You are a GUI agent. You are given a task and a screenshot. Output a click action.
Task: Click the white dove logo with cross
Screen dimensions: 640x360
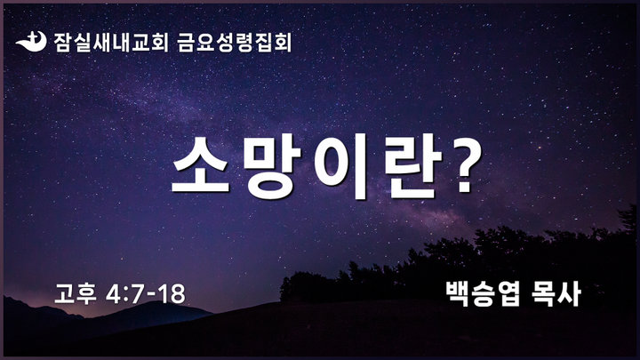click(x=31, y=41)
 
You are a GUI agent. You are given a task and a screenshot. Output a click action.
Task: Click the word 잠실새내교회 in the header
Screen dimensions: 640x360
click(x=110, y=43)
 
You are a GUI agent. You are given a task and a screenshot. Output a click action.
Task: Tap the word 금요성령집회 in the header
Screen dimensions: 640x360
click(x=235, y=43)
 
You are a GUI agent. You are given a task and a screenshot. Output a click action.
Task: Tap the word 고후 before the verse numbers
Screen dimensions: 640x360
click(x=75, y=293)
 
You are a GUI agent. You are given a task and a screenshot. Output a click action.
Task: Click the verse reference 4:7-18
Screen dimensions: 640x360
click(x=146, y=294)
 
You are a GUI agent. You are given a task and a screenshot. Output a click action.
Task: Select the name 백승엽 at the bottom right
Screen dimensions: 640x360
click(x=483, y=293)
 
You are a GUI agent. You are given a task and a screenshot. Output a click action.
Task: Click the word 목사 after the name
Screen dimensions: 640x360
click(x=556, y=293)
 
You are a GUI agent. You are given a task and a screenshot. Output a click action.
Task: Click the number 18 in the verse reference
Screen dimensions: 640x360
click(x=172, y=294)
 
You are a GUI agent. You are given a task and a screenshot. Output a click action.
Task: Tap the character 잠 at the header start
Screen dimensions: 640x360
click(x=62, y=43)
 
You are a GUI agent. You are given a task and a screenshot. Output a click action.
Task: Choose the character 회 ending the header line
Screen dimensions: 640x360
click(x=283, y=43)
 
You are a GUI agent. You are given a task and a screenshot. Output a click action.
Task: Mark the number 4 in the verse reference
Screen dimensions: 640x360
click(x=113, y=294)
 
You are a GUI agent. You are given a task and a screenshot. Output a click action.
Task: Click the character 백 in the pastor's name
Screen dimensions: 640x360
click(x=457, y=293)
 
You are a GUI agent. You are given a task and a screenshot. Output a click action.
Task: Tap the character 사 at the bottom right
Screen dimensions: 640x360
click(x=569, y=293)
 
